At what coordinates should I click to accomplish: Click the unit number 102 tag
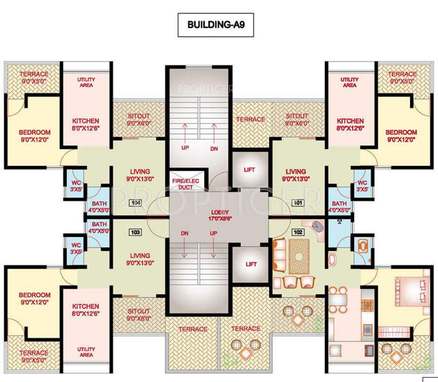tap(298, 231)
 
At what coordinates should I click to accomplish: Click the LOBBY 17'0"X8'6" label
tap(219, 215)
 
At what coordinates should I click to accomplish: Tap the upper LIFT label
tap(249, 170)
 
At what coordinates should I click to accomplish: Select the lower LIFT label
tap(249, 264)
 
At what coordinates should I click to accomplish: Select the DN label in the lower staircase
tap(185, 233)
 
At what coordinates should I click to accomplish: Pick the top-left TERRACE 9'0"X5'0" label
tap(34, 78)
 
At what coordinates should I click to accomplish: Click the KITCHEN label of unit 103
tap(86, 309)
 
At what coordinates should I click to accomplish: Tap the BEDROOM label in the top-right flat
tap(401, 135)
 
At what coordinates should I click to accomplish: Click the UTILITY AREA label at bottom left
tap(86, 352)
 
